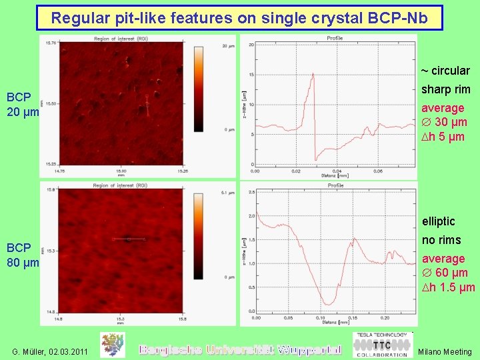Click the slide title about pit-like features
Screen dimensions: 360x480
click(239, 18)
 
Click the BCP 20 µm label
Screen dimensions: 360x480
click(23, 104)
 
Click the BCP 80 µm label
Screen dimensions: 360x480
click(23, 255)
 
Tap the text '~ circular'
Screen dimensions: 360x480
click(445, 71)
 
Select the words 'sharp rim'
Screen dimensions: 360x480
click(445, 89)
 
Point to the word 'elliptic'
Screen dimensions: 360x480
click(438, 221)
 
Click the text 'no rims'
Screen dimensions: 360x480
click(441, 240)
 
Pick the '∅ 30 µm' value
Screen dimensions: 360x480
click(444, 122)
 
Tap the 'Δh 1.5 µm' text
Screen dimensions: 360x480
click(447, 287)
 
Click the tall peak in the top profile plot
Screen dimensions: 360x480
click(312, 75)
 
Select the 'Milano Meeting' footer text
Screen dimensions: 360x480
click(445, 351)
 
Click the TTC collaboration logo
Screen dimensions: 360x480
click(381, 345)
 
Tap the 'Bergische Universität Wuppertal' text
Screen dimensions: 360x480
click(239, 349)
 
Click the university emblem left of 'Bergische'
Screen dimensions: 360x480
click(113, 345)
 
